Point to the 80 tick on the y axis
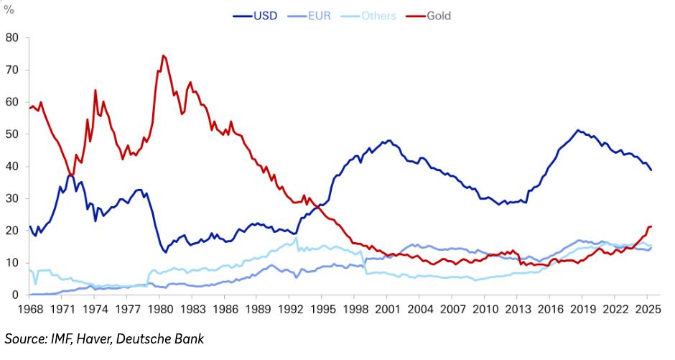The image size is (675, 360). click(x=11, y=37)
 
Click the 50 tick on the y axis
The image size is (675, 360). click(x=11, y=134)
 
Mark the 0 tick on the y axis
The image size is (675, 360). click(x=14, y=295)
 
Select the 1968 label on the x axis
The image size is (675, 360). click(x=30, y=310)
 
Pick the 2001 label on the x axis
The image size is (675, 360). click(x=386, y=310)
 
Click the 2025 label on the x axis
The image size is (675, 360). click(x=646, y=310)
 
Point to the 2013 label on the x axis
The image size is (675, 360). click(x=516, y=310)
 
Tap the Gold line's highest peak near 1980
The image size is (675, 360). click(x=163, y=55)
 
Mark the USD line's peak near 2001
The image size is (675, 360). click(x=388, y=141)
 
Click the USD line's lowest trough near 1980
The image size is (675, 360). click(x=166, y=252)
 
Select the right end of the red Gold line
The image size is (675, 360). click(x=651, y=227)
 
